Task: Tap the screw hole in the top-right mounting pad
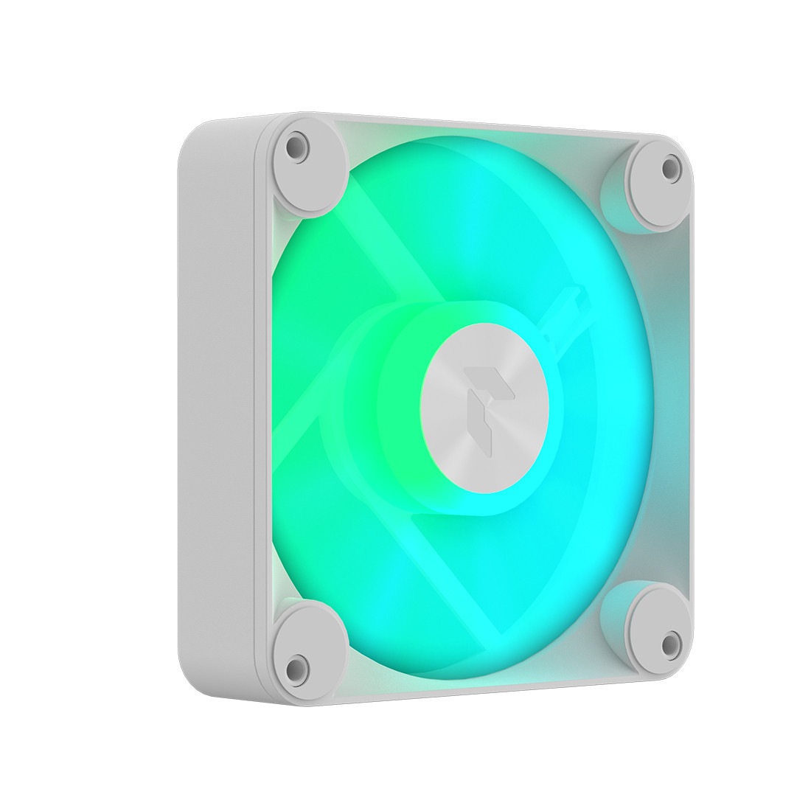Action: coord(669,167)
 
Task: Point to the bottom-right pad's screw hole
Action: coord(669,644)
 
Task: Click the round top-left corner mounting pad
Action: coord(310,170)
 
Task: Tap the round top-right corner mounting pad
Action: coord(656,184)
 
